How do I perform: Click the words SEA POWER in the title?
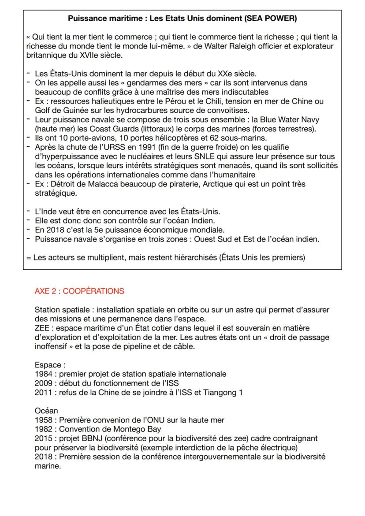[x=273, y=19]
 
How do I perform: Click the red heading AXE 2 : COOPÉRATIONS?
[x=79, y=291]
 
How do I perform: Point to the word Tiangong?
[x=219, y=393]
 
